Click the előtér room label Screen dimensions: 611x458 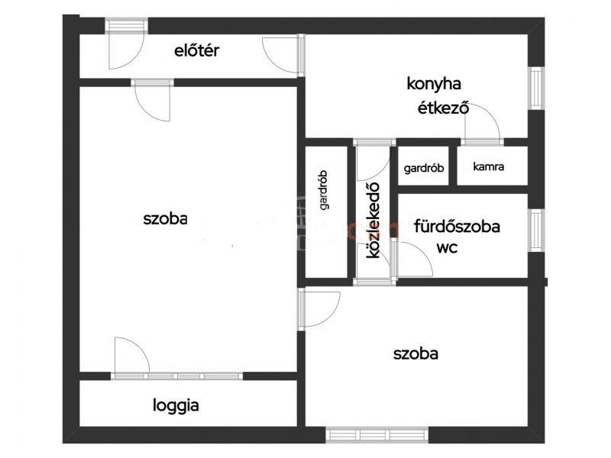click(196, 50)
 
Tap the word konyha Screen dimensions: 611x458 click(434, 84)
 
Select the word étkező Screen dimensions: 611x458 click(443, 108)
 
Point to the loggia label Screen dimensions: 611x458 click(176, 405)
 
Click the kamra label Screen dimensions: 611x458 click(488, 166)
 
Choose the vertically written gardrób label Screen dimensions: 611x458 click(323, 190)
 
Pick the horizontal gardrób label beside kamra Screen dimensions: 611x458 click(424, 168)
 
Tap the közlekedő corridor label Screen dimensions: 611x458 click(373, 220)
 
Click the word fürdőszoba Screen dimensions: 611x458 click(457, 226)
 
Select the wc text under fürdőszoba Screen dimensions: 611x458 click(447, 247)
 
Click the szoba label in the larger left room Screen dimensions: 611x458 click(165, 219)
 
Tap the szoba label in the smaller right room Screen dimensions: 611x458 click(415, 353)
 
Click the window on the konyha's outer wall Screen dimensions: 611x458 click(536, 89)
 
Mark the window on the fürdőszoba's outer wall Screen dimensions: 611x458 click(536, 231)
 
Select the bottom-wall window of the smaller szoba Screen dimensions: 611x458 click(377, 434)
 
